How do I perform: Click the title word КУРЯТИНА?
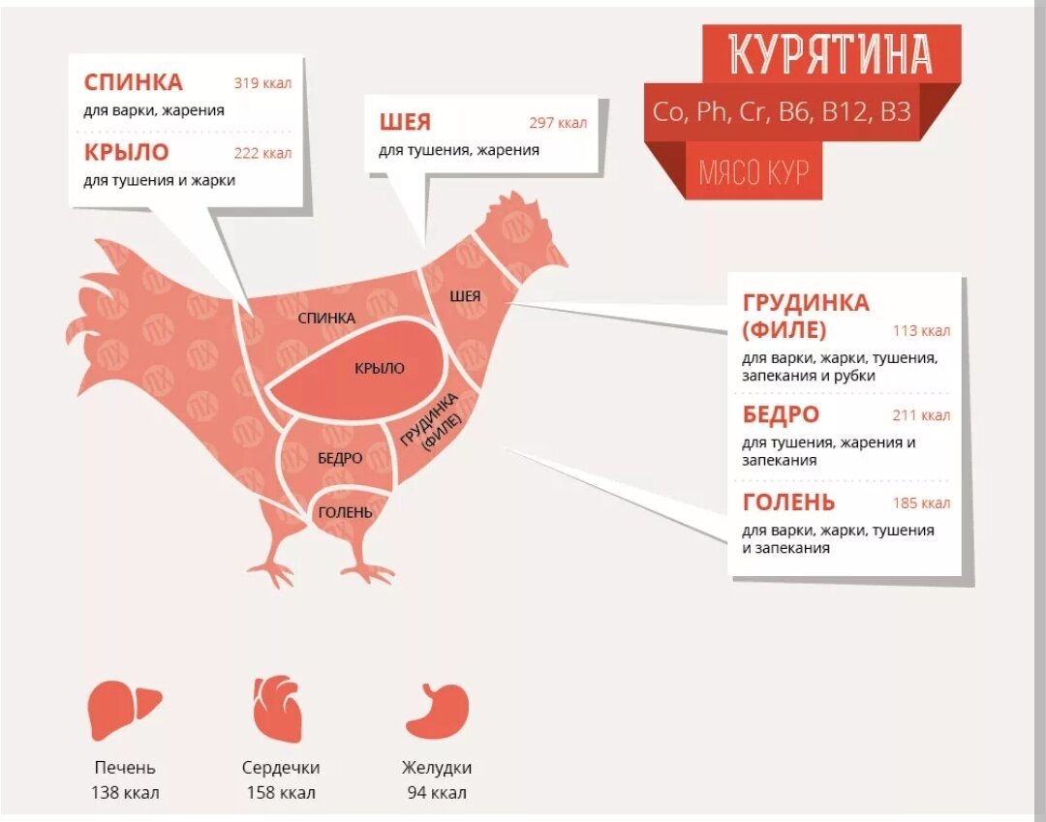(830, 54)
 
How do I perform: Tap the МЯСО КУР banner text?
(753, 172)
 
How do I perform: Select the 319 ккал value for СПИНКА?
(261, 83)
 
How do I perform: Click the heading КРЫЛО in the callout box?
(126, 152)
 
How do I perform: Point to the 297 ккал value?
(558, 123)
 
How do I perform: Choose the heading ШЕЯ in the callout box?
(405, 123)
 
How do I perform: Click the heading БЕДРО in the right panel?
(781, 415)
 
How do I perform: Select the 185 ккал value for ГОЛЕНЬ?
(921, 503)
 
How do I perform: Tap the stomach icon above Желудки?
(437, 710)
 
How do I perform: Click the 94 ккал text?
(437, 793)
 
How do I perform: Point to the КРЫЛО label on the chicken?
(379, 368)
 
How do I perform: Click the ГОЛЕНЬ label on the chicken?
(345, 511)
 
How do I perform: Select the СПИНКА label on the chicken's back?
(326, 318)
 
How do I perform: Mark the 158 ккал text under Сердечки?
(280, 793)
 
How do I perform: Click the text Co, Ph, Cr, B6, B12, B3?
(782, 111)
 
